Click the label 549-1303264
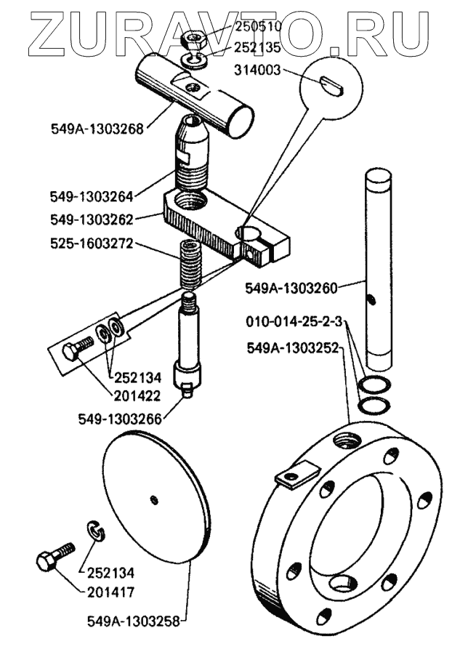pyautogui.click(x=92, y=196)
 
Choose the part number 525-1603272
pyautogui.click(x=92, y=244)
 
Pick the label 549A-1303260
pyautogui.click(x=291, y=288)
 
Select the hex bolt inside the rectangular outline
pyautogui.click(x=76, y=349)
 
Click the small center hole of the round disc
pyautogui.click(x=153, y=498)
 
